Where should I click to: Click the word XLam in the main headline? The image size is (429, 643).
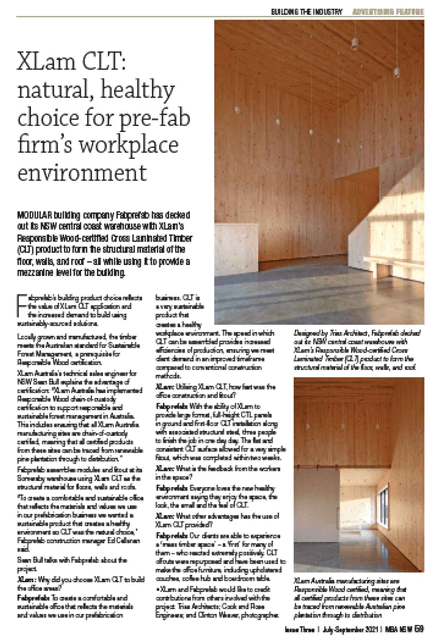(x=47, y=63)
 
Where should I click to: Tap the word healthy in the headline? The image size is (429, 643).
(x=137, y=90)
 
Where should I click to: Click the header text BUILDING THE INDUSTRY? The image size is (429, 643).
(x=306, y=12)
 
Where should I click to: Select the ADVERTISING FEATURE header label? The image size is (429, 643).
(x=388, y=12)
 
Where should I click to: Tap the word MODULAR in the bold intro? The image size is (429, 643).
(x=34, y=215)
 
